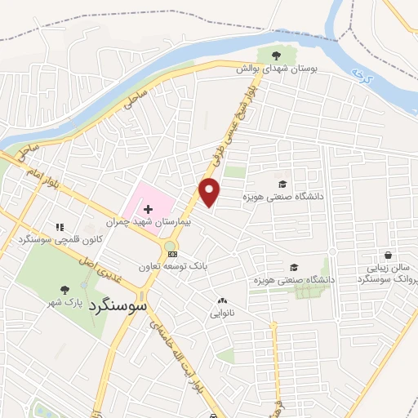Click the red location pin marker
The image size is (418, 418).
click(x=211, y=192)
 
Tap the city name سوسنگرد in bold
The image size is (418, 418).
click(x=119, y=307)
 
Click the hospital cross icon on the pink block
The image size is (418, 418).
click(x=148, y=189)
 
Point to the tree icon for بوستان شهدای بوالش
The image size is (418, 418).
click(x=276, y=56)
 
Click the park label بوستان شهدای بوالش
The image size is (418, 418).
click(x=276, y=70)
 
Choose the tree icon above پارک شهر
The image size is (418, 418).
click(x=64, y=290)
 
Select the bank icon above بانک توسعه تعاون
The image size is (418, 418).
click(x=171, y=254)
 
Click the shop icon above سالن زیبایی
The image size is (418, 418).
click(x=387, y=255)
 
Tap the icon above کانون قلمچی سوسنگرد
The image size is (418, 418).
click(x=59, y=226)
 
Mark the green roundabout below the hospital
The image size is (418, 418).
click(x=170, y=245)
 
